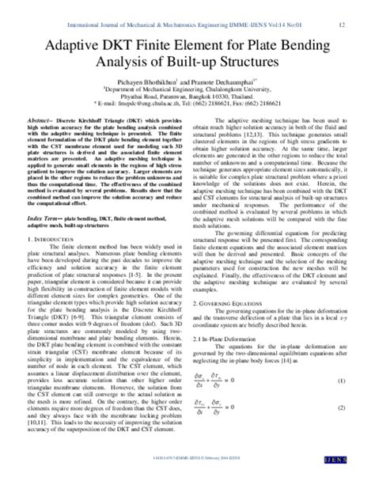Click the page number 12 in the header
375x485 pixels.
point(341,24)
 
